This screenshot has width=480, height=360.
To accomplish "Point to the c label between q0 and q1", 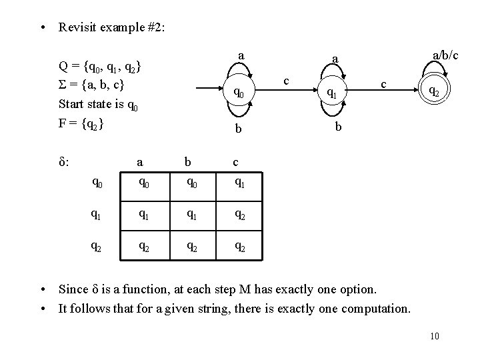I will coord(285,80).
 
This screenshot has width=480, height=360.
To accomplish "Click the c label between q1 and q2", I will coord(383,84).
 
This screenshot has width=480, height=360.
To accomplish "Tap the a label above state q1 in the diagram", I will coord(336,59).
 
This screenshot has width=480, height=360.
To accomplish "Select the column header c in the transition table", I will coord(235,161).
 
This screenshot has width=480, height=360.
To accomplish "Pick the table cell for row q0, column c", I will coord(238,180).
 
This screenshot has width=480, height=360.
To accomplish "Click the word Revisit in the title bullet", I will coord(76,27).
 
